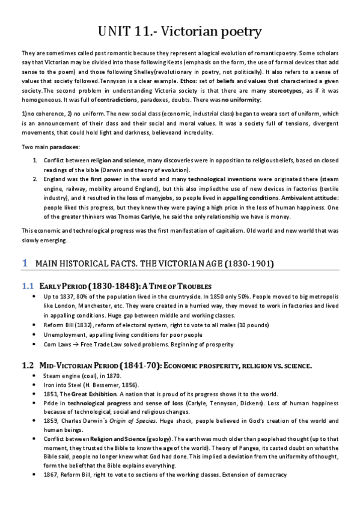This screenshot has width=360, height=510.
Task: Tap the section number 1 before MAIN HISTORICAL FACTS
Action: (x=25, y=263)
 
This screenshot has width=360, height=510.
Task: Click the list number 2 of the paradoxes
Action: (x=35, y=179)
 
